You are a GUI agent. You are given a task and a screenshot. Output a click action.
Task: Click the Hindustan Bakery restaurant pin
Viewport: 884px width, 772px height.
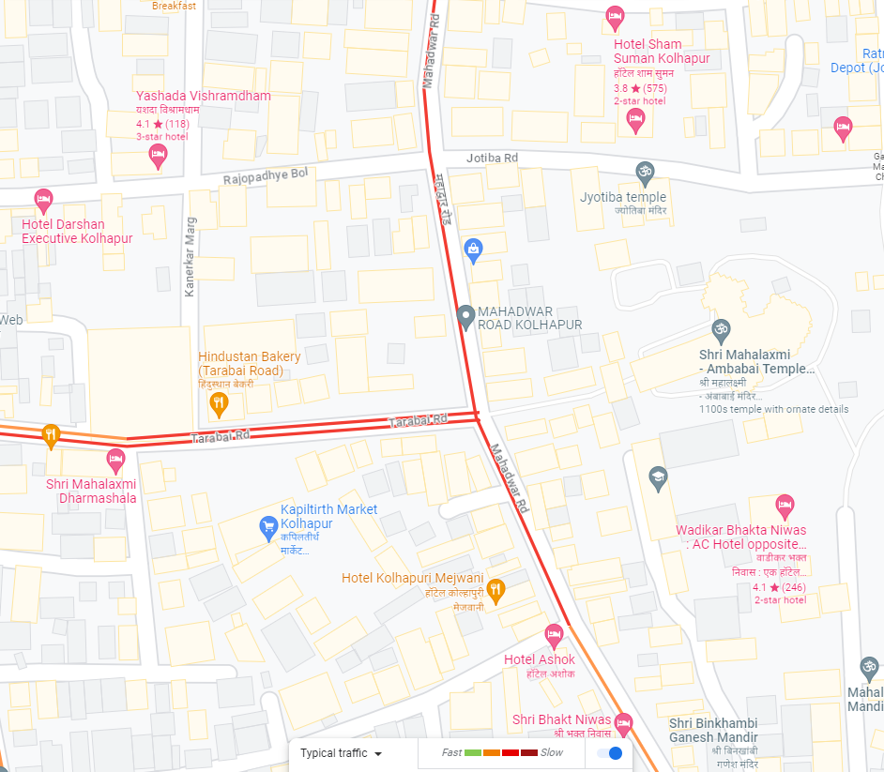point(218,404)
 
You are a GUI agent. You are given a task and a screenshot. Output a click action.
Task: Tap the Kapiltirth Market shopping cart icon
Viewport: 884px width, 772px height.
point(267,528)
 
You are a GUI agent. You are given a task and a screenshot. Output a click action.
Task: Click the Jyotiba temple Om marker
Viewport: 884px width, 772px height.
point(644,173)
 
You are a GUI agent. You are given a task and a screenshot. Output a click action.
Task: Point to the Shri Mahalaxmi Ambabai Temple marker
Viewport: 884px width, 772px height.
point(720,330)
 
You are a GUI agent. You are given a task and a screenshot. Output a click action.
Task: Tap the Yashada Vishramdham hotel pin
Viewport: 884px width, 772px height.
point(158,155)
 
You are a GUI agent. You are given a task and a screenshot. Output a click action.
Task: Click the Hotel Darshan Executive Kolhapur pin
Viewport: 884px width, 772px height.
point(43,200)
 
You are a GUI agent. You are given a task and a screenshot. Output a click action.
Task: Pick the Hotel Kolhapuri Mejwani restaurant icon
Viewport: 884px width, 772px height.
point(497,589)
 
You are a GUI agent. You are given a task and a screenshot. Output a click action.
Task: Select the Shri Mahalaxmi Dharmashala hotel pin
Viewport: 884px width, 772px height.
point(115,459)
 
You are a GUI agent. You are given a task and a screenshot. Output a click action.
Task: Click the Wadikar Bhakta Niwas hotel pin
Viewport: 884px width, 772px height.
point(785,506)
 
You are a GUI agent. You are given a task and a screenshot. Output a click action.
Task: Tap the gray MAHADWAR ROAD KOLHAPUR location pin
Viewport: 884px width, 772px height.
point(465,316)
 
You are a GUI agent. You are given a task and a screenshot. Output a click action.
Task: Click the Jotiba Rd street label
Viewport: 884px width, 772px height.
point(493,158)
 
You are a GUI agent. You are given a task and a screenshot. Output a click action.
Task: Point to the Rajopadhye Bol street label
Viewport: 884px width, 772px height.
point(266,176)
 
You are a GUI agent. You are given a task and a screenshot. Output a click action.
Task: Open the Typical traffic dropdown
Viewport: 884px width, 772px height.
point(341,753)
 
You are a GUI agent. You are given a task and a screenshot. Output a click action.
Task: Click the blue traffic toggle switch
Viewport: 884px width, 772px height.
point(610,753)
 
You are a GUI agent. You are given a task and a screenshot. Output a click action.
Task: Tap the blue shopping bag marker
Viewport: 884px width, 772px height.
point(474,250)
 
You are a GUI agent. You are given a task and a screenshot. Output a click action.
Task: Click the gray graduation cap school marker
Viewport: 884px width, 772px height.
point(658,478)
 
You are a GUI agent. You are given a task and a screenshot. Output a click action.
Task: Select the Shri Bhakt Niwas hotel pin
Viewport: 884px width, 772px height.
point(622,723)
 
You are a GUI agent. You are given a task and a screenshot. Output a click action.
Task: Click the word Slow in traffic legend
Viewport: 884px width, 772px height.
point(552,752)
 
